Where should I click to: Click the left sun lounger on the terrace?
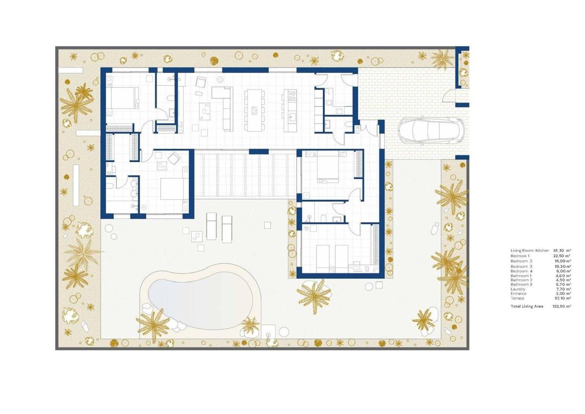211,226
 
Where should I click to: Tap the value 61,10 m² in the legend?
562,250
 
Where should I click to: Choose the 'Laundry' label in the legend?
518,289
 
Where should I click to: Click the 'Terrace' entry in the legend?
517,298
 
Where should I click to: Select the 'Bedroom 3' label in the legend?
522,266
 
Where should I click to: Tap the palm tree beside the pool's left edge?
153,324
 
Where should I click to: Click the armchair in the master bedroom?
174,158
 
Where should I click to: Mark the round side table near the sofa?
220,79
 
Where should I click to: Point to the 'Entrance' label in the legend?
518,294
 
